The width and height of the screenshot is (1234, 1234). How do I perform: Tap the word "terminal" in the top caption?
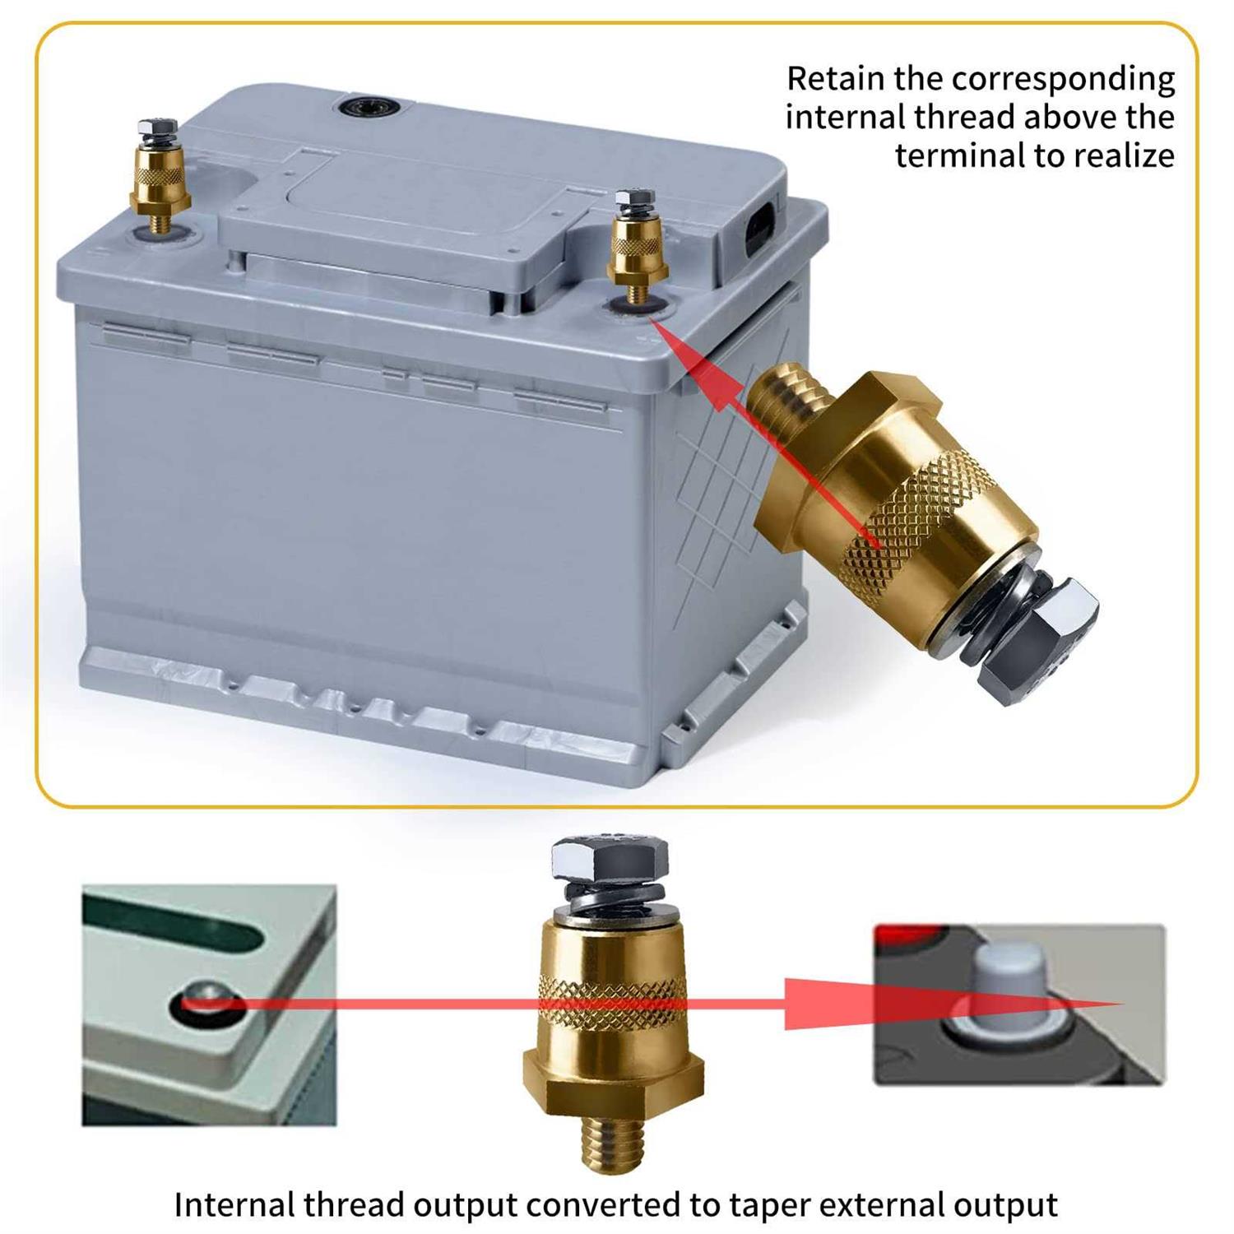(958, 155)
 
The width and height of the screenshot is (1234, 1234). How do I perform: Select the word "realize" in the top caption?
(1124, 155)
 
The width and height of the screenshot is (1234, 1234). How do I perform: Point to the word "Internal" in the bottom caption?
(234, 1204)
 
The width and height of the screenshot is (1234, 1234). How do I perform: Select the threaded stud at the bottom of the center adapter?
(613, 1136)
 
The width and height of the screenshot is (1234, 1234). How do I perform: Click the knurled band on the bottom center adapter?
(613, 1000)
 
